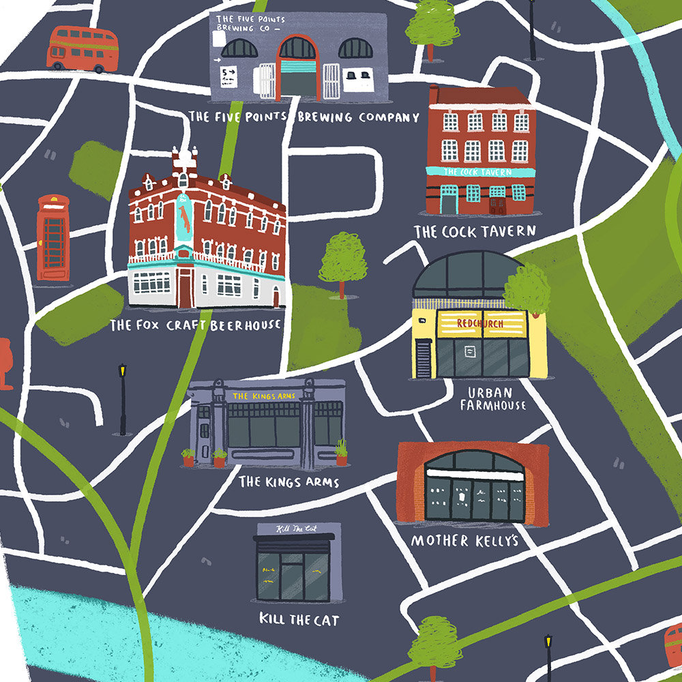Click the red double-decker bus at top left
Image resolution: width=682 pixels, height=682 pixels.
(83, 48)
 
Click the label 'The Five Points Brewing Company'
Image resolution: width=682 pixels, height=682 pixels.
(303, 117)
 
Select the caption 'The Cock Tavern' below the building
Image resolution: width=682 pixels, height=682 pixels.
(475, 232)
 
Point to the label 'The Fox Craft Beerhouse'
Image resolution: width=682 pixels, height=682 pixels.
(195, 325)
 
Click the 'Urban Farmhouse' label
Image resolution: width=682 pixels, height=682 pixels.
(492, 399)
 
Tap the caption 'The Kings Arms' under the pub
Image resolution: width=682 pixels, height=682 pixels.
(288, 482)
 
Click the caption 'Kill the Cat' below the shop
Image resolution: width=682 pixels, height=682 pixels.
(299, 619)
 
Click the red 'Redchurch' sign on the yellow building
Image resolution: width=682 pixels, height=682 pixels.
(479, 323)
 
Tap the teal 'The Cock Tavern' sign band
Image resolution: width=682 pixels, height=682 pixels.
(479, 172)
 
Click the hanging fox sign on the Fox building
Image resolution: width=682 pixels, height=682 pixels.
(183, 218)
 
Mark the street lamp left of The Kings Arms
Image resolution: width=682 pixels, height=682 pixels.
(123, 399)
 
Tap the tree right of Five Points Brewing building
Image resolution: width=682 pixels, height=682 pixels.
(432, 27)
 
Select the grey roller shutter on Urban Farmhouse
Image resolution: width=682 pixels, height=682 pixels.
(424, 358)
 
